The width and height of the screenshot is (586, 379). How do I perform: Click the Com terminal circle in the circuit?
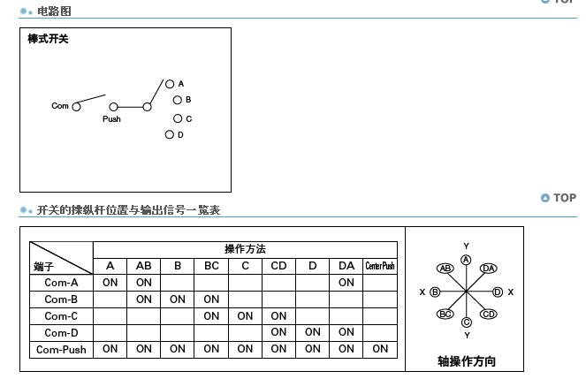76,106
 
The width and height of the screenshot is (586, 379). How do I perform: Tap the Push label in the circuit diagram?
111,118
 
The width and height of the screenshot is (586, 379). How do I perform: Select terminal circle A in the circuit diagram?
169,84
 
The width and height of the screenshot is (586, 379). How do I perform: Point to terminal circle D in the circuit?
169,135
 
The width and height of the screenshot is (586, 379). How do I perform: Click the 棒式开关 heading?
48,40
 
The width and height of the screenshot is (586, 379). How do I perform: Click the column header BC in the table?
211,266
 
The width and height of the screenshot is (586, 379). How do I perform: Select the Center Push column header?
380,266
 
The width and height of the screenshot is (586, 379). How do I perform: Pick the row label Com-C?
61,315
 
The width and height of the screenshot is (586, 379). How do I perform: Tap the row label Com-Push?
61,349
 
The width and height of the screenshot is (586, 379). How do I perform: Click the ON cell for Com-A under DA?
346,283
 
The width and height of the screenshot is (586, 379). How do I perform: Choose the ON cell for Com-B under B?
178,299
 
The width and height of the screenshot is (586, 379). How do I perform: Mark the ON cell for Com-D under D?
313,332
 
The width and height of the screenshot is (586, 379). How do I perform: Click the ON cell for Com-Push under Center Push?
380,349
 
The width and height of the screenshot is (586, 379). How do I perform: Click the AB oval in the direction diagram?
445,269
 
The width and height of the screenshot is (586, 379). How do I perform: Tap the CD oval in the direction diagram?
488,314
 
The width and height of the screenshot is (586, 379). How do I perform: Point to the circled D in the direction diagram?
498,292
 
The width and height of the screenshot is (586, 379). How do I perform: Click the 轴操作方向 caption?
466,360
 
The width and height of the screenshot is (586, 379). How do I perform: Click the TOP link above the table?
559,198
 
